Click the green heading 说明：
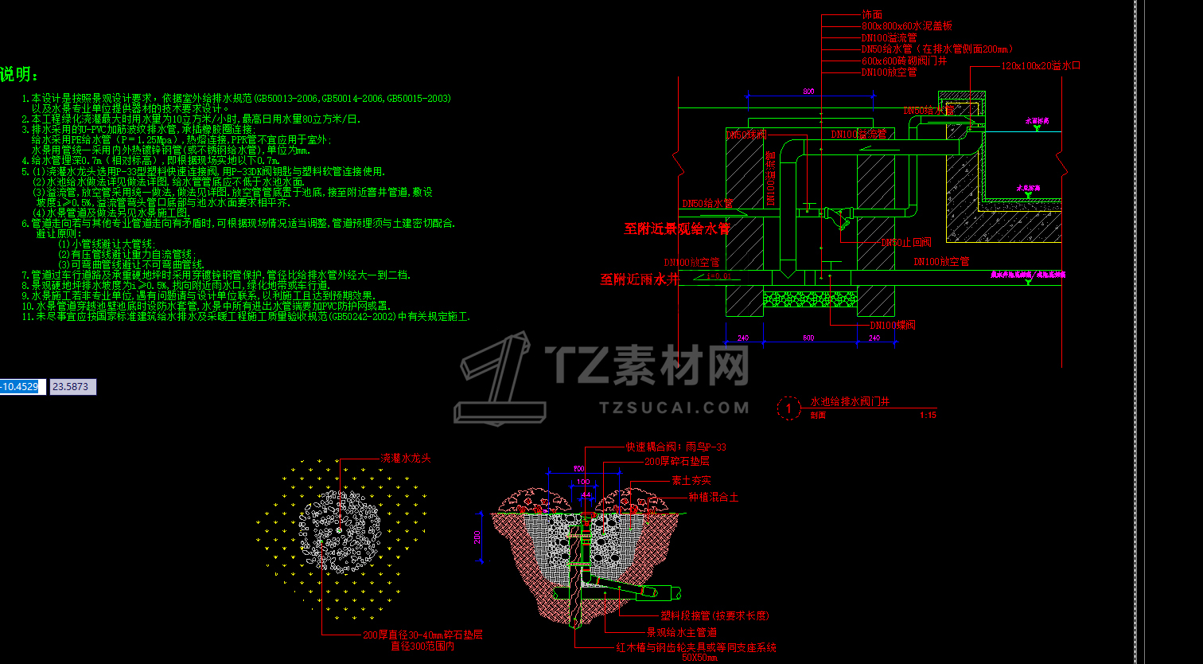tap(19, 75)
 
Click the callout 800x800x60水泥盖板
tap(905, 26)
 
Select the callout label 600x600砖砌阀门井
tap(903, 61)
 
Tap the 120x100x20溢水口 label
tap(1040, 65)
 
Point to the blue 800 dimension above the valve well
tap(808, 92)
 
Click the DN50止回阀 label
tap(905, 242)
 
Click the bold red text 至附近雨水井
tap(640, 279)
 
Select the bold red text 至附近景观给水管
tap(676, 229)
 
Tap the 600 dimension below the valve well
tap(808, 338)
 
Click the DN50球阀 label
tap(746, 135)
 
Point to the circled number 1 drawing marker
tap(788, 408)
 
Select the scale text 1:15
tap(928, 415)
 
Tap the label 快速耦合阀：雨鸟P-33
tap(675, 447)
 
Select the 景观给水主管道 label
tap(687, 632)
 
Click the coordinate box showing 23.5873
tap(73, 387)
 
